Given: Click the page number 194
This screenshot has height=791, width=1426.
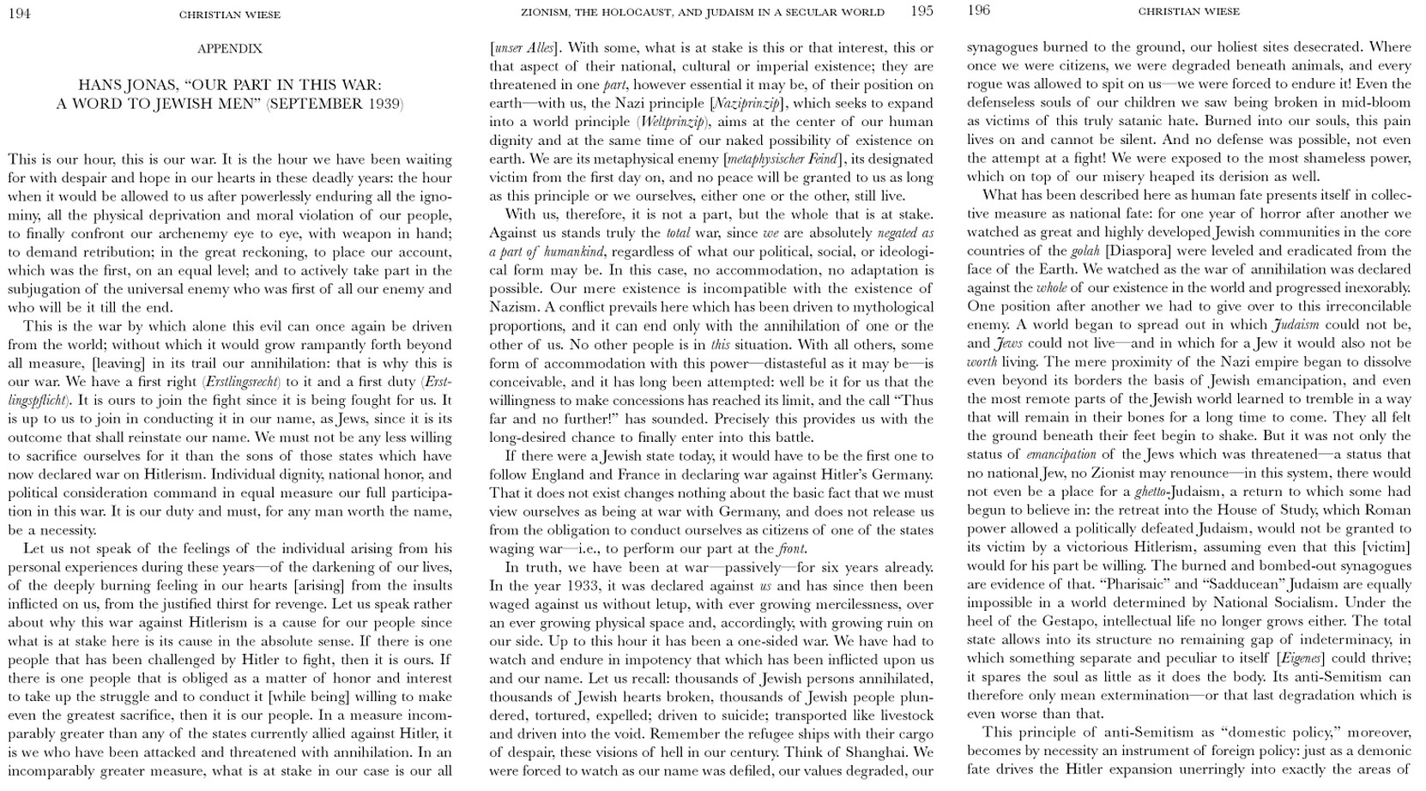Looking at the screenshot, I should point(19,13).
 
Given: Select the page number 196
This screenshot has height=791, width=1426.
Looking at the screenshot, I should point(978,10).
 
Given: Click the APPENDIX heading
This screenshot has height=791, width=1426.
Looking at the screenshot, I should point(229,49).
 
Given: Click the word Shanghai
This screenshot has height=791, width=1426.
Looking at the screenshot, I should point(879,752).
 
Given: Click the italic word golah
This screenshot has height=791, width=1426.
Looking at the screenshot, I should point(1085,251).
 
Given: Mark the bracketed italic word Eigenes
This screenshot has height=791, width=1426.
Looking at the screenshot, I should point(1301,658).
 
